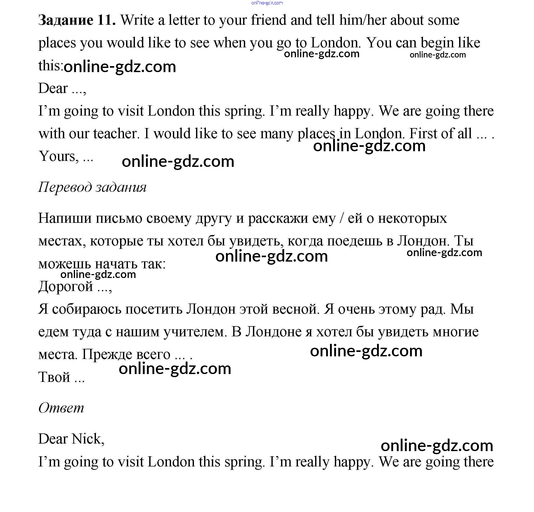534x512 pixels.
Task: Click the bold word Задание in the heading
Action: click(x=66, y=20)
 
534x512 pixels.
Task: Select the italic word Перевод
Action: click(x=65, y=187)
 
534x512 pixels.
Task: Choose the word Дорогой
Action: click(x=66, y=286)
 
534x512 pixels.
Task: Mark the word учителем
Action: click(x=195, y=332)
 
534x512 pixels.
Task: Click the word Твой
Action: click(x=55, y=377)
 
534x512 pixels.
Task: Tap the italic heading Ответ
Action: click(x=61, y=408)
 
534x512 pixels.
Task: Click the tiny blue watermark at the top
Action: click(x=267, y=3)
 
